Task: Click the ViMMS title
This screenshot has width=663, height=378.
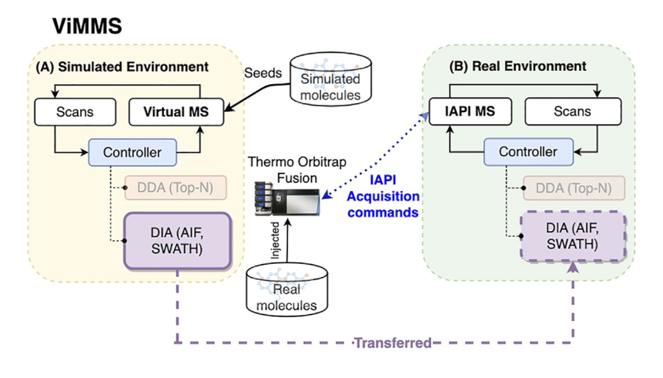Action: (88, 27)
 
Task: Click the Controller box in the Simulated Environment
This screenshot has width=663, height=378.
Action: (131, 152)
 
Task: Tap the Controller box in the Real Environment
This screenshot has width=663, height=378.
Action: (528, 152)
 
